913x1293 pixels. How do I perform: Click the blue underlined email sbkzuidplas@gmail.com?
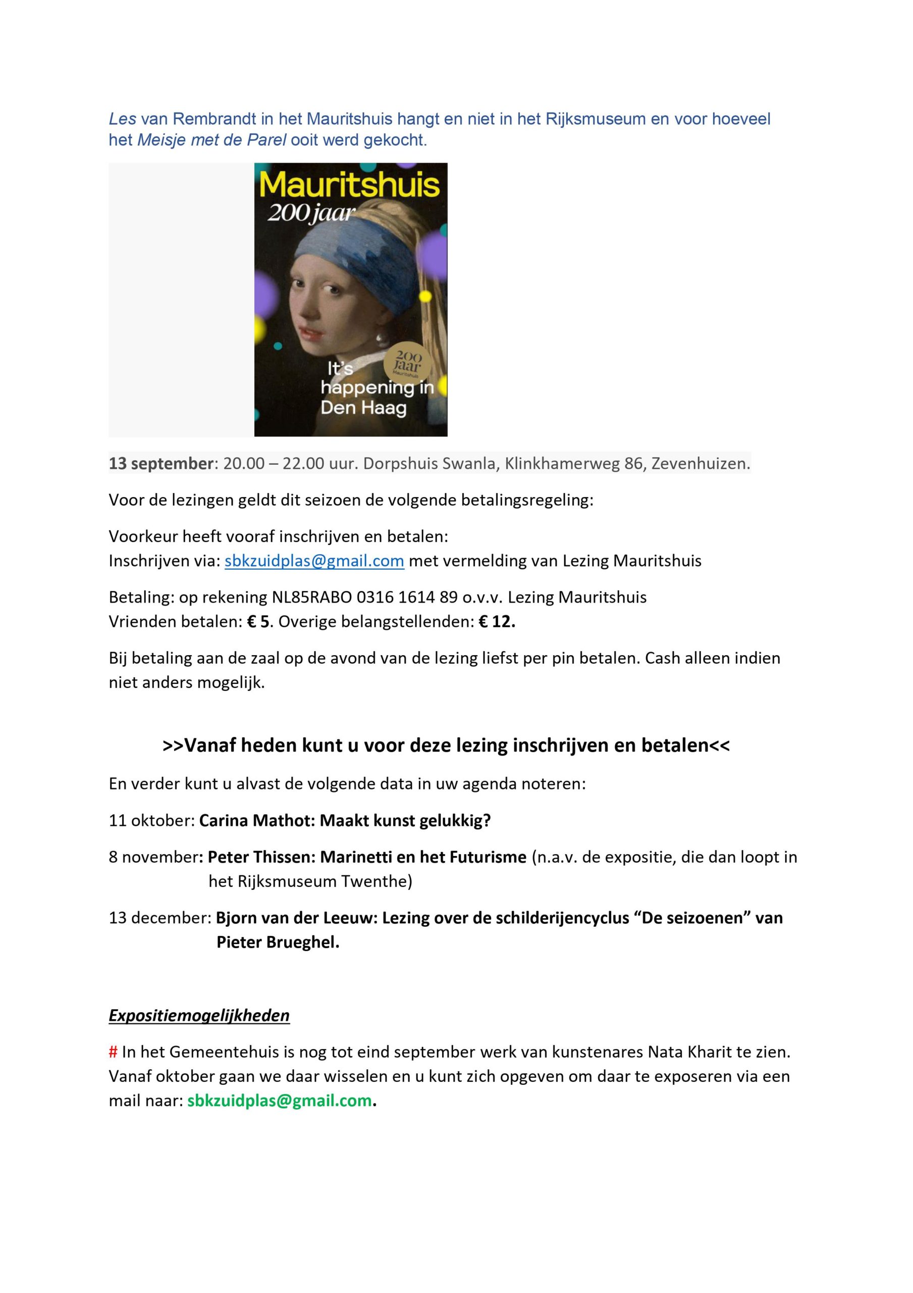tap(314, 561)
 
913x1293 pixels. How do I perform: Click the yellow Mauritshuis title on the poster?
tap(350, 185)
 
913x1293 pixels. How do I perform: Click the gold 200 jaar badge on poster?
tap(407, 362)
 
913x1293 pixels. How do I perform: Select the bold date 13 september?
tap(161, 464)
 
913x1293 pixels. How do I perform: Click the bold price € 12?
tap(497, 622)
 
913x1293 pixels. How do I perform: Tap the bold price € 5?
tap(258, 622)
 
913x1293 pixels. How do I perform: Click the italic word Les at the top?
tap(122, 119)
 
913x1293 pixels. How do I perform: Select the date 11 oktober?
tap(151, 821)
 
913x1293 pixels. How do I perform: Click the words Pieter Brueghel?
tap(278, 942)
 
